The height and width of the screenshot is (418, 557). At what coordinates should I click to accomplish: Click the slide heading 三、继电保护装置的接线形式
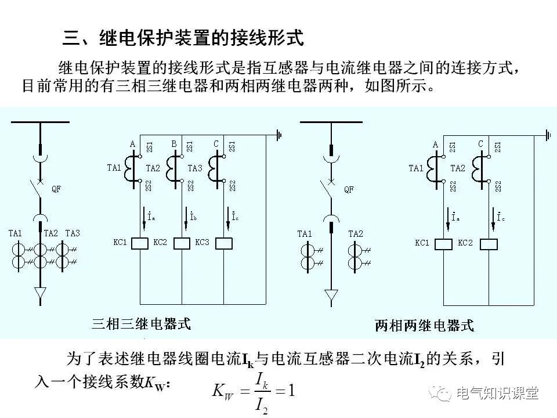point(183,39)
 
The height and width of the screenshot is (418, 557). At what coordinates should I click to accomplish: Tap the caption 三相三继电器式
point(141,323)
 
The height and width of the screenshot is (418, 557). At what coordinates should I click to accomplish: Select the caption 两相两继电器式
point(424,325)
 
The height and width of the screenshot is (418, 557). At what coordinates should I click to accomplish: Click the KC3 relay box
point(223,243)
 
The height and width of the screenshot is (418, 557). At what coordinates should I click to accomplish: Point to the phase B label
point(174,143)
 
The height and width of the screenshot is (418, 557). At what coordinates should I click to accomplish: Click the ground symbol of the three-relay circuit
point(279,135)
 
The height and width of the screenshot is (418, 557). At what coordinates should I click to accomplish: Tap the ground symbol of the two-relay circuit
point(547,135)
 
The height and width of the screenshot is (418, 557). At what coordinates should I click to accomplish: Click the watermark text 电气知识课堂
point(497,393)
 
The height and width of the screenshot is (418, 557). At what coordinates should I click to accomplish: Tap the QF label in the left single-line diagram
point(56,189)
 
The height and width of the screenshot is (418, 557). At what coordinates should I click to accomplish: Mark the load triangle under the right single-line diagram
point(331,297)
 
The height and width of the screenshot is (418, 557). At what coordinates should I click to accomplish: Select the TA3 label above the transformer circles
point(73,233)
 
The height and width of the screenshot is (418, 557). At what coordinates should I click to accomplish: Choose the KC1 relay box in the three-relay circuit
point(140,243)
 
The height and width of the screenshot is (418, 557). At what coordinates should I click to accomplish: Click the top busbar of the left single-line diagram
point(40,122)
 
